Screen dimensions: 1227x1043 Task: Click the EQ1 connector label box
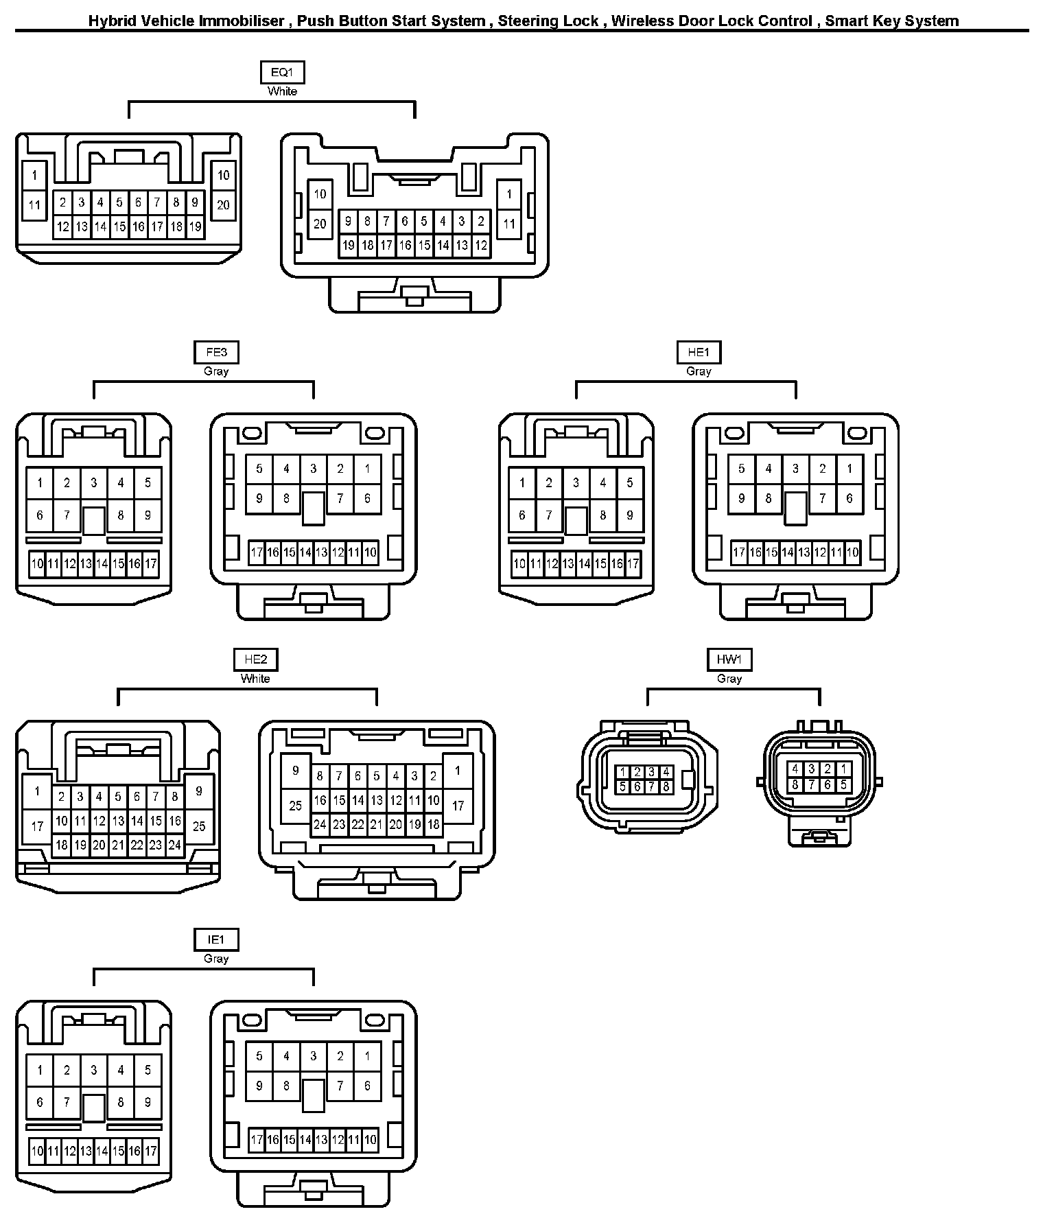[x=282, y=72]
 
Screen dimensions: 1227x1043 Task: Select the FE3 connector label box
[x=216, y=352]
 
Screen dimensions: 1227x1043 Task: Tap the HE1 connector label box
[x=699, y=352]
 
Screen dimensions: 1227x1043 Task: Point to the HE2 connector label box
[x=255, y=659]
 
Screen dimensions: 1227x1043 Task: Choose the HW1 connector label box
[x=729, y=659]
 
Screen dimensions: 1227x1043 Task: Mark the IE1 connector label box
[x=216, y=939]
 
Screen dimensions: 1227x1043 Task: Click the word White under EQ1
[x=282, y=91]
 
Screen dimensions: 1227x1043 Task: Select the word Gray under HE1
[x=699, y=371]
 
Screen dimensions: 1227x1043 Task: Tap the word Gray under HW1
[x=729, y=679]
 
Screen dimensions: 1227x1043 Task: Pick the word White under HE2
[x=255, y=679]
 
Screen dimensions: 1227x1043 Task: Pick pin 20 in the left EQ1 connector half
[x=224, y=204]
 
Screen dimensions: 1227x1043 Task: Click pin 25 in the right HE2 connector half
[x=296, y=805]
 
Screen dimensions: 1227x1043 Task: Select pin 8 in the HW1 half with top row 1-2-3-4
[x=666, y=787]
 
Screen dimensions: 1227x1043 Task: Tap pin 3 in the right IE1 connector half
[x=314, y=1056]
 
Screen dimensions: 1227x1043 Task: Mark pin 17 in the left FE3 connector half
[x=151, y=564]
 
